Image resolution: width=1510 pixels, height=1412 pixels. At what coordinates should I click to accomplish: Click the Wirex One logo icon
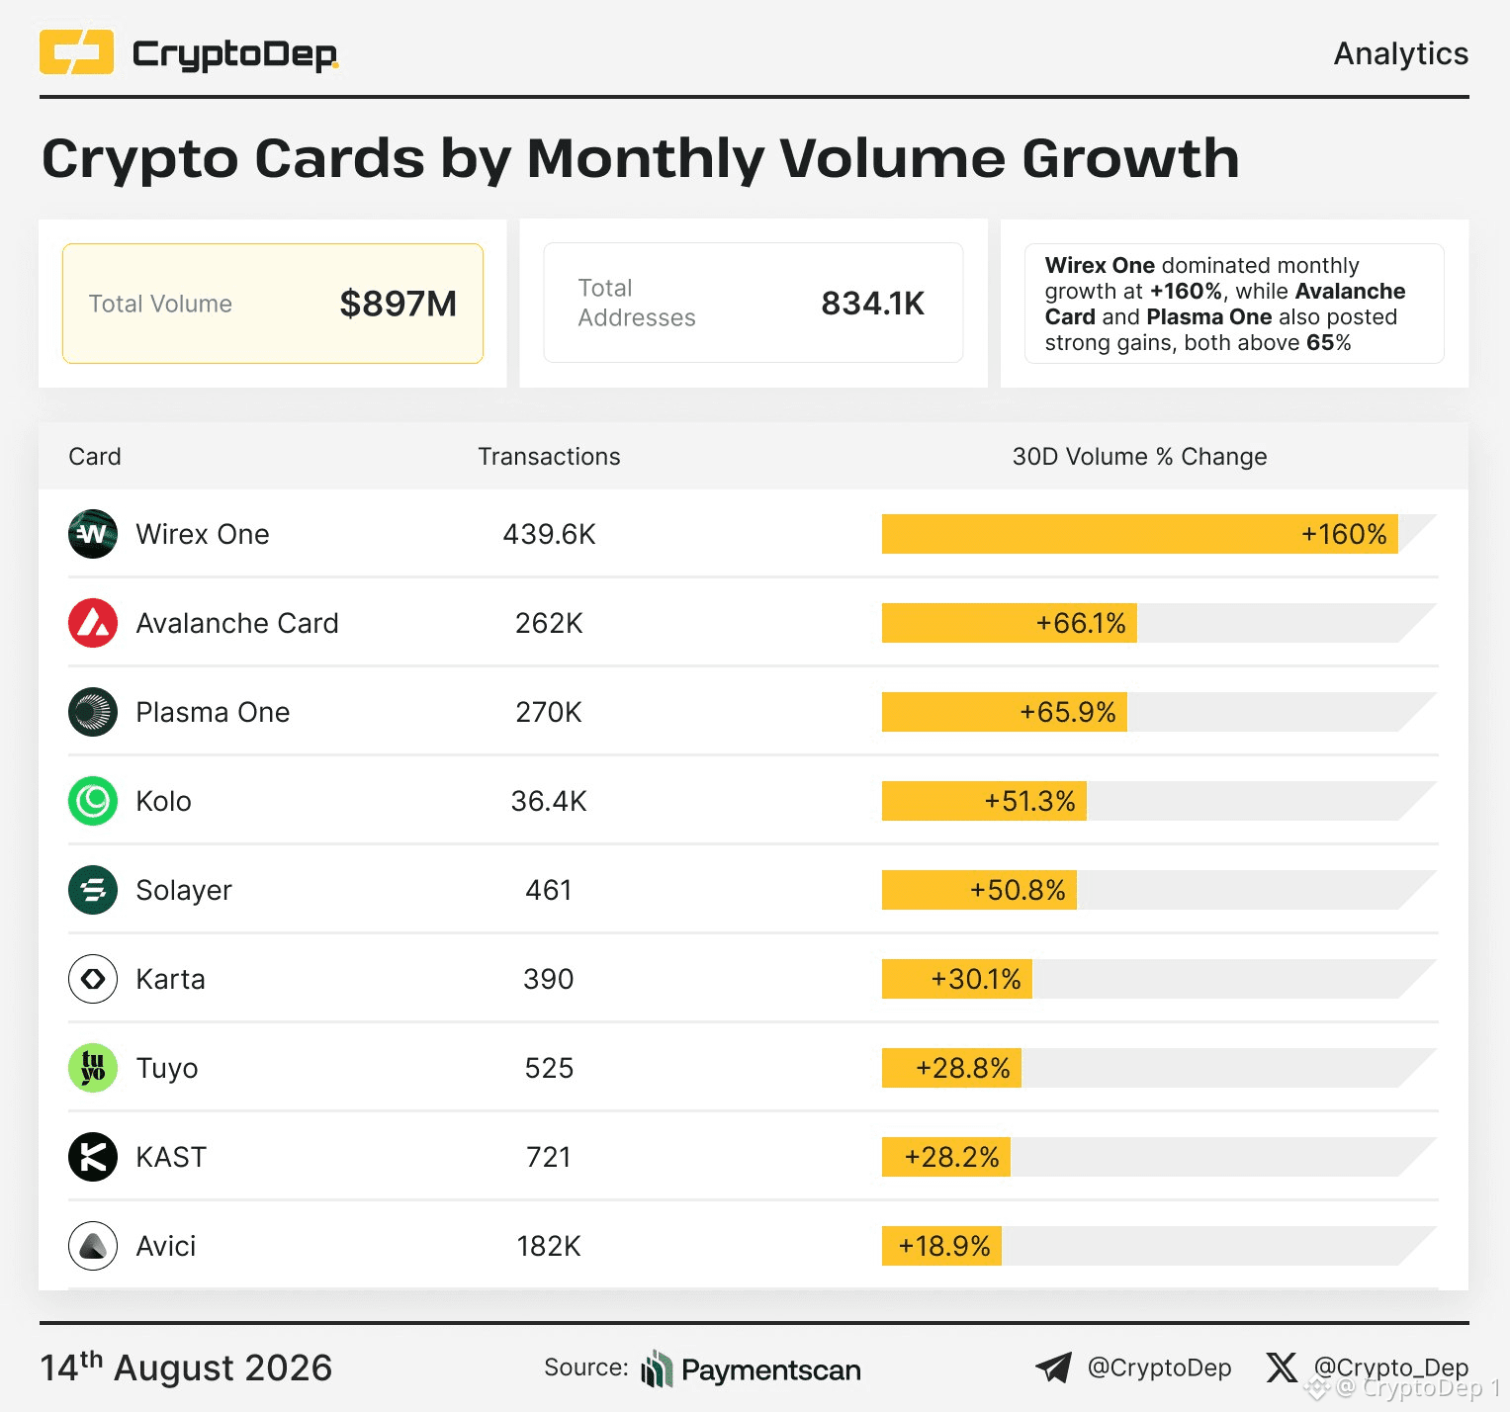pyautogui.click(x=93, y=534)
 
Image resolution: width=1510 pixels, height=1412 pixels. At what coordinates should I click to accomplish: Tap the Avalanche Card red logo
pyautogui.click(x=93, y=623)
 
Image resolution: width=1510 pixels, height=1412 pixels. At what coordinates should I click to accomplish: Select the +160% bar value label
pyautogui.click(x=1344, y=534)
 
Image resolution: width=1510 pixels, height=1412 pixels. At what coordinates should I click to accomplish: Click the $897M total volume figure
pyautogui.click(x=399, y=304)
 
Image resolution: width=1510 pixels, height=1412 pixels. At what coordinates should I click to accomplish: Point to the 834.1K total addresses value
pyautogui.click(x=873, y=304)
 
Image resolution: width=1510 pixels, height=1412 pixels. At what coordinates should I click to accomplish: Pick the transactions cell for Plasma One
pyautogui.click(x=549, y=712)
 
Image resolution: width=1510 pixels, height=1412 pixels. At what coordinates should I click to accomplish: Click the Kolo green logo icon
pyautogui.click(x=93, y=801)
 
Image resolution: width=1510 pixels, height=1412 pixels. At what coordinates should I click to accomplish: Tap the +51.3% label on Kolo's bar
pyautogui.click(x=1029, y=801)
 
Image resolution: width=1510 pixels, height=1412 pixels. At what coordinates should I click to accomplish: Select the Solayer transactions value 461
pyautogui.click(x=549, y=890)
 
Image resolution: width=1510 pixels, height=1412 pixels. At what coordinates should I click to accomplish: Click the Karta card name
pyautogui.click(x=171, y=979)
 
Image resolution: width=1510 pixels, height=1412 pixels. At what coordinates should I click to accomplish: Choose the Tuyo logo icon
pyautogui.click(x=93, y=1068)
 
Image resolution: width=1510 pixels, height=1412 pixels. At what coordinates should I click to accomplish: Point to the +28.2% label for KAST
pyautogui.click(x=952, y=1157)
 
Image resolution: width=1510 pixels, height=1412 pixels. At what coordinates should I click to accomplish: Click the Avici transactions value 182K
pyautogui.click(x=549, y=1246)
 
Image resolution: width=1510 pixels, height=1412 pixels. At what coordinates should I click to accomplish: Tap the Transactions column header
pyautogui.click(x=550, y=456)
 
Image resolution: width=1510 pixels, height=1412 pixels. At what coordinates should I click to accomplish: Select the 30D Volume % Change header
pyautogui.click(x=1139, y=456)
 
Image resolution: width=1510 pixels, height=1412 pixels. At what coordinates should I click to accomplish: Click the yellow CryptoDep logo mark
pyautogui.click(x=76, y=52)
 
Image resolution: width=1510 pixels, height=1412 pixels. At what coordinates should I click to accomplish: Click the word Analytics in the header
pyautogui.click(x=1401, y=53)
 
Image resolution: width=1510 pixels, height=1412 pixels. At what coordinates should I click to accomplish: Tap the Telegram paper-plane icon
pyautogui.click(x=1054, y=1368)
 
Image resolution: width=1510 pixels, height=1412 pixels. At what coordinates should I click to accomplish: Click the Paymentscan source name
pyautogui.click(x=771, y=1369)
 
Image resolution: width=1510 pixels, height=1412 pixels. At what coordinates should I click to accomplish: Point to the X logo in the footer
pyautogui.click(x=1282, y=1368)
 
